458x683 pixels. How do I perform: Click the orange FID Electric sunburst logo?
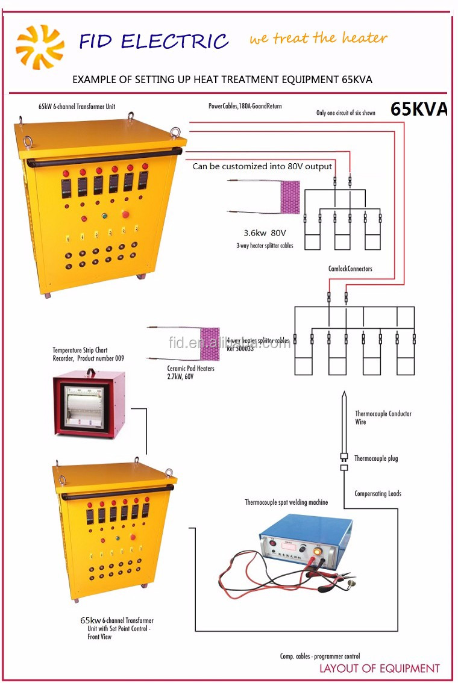click(39, 46)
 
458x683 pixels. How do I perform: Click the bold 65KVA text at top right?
click(419, 109)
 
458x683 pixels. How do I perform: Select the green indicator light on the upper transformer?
click(104, 215)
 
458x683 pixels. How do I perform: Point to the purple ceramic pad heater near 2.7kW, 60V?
click(210, 344)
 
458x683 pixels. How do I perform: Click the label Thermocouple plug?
click(376, 458)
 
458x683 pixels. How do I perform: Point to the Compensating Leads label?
click(377, 494)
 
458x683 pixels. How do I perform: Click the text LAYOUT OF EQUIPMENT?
click(380, 668)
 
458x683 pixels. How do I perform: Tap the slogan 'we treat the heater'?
click(318, 39)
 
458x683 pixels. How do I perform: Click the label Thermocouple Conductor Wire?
click(383, 418)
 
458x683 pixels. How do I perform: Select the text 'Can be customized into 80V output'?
click(262, 166)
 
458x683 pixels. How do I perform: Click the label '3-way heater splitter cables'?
click(265, 246)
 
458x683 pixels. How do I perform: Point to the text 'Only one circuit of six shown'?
click(346, 113)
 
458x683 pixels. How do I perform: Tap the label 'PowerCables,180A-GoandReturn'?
click(245, 107)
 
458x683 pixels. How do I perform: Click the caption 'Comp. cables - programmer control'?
click(320, 656)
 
